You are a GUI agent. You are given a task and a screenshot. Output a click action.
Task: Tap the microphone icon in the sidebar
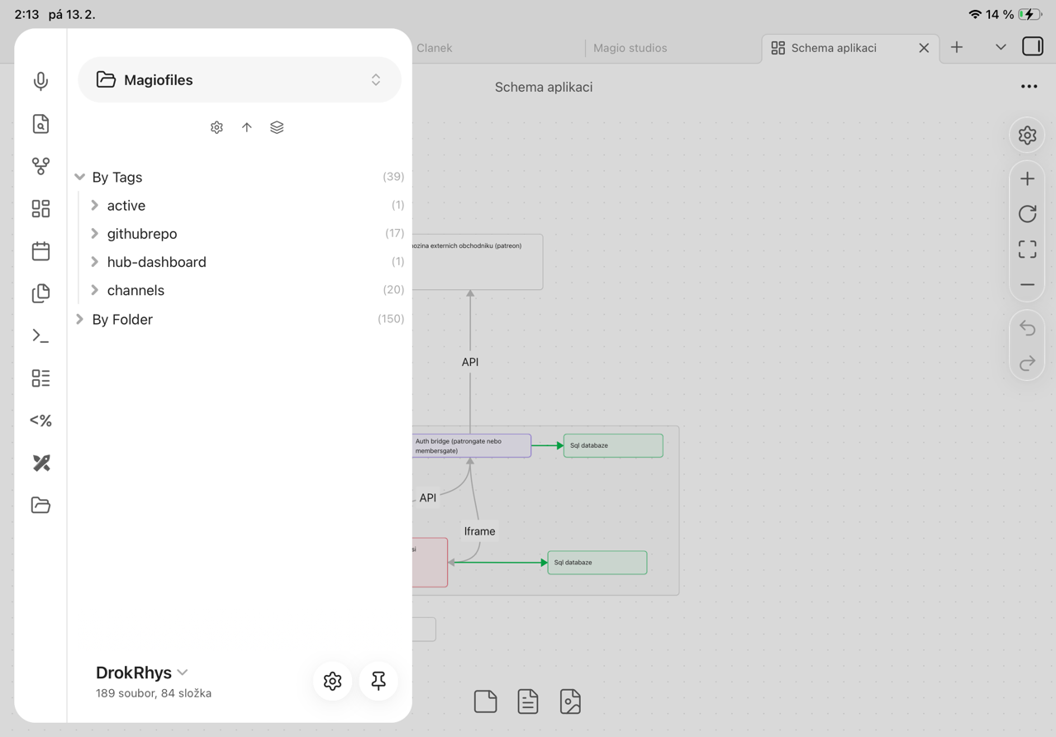pos(40,81)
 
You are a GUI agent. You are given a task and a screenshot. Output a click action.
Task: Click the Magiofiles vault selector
pos(240,80)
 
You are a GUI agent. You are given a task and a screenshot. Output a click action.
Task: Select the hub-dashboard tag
pos(156,262)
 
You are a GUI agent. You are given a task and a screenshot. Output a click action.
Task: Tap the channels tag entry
pos(136,290)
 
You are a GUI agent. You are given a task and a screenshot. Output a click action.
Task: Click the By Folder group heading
pos(122,319)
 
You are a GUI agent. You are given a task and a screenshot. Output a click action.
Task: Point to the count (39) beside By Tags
pos(393,177)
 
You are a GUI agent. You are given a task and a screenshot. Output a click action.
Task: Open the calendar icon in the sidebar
pos(40,250)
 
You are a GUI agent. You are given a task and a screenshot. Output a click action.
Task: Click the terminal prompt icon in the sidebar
pos(40,335)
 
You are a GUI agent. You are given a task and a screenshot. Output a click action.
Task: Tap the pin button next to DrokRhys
pos(378,681)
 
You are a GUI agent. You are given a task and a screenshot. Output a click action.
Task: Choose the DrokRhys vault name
pos(134,673)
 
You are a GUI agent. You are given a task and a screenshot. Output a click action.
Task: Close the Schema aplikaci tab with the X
pos(924,48)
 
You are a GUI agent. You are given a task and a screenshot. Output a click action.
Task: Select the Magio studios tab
pos(630,48)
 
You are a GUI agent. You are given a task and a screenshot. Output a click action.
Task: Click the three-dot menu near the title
pos(1029,87)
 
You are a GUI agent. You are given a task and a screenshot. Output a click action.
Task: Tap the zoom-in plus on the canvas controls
pos(1027,178)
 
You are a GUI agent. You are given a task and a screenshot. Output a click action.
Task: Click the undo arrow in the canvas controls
pos(1027,328)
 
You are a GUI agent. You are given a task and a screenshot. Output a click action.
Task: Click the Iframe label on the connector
pos(479,531)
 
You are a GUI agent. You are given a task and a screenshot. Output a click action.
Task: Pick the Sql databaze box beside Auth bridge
pos(613,445)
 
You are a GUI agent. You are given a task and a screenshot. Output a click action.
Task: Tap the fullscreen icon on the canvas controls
pos(1027,250)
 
